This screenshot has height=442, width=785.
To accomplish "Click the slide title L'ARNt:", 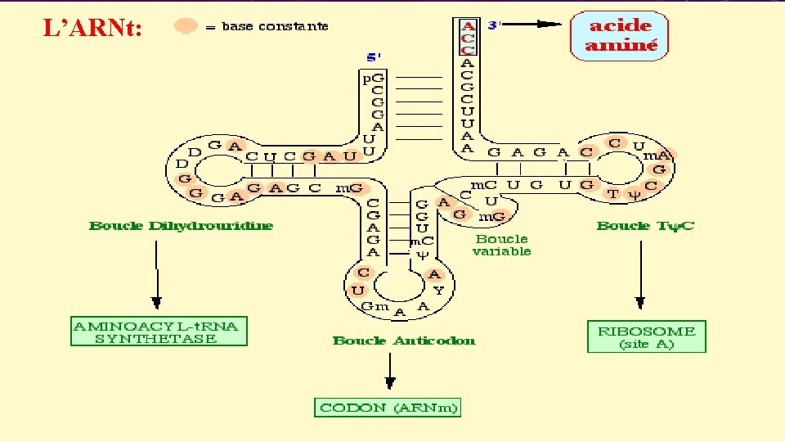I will [x=92, y=29].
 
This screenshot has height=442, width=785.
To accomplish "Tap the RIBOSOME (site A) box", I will [x=646, y=336].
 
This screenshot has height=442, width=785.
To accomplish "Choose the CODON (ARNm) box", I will [x=388, y=407].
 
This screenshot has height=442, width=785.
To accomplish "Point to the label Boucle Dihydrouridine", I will [x=182, y=226].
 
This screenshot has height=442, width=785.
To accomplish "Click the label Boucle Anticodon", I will [x=404, y=341].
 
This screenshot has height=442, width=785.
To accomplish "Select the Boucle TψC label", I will [x=645, y=226].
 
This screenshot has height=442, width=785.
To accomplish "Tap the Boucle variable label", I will [x=502, y=245].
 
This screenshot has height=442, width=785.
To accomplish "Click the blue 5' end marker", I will [x=373, y=58].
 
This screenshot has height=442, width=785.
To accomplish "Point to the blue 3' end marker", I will [x=493, y=25].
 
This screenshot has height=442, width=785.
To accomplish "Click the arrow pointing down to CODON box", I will [x=390, y=372].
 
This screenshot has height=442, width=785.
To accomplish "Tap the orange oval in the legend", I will [x=186, y=26].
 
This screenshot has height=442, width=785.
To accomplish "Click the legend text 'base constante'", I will [x=275, y=26].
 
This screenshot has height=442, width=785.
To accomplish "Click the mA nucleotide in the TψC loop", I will [x=657, y=156].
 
